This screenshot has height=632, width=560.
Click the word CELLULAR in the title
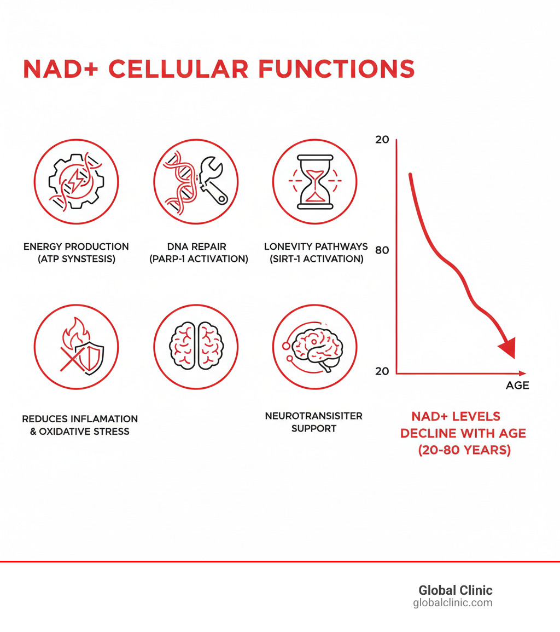tap(179, 69)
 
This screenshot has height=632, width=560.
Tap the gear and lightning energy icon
tap(76, 181)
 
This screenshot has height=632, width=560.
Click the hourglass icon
tap(314, 181)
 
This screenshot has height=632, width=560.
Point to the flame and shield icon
tap(76, 347)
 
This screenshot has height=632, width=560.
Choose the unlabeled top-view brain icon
tap(196, 347)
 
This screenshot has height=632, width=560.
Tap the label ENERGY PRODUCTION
tap(76, 247)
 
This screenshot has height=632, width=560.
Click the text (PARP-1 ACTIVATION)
tap(199, 259)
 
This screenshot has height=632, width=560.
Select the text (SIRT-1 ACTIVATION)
tap(316, 259)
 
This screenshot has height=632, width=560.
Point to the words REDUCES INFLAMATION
tap(80, 419)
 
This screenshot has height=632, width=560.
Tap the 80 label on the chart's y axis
tap(382, 250)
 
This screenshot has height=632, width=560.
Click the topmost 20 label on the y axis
tap(382, 139)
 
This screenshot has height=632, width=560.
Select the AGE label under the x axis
tap(517, 385)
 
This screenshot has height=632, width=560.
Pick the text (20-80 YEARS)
tap(464, 451)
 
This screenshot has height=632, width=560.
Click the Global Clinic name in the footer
tap(455, 590)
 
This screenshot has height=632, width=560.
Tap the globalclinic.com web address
tap(452, 603)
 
